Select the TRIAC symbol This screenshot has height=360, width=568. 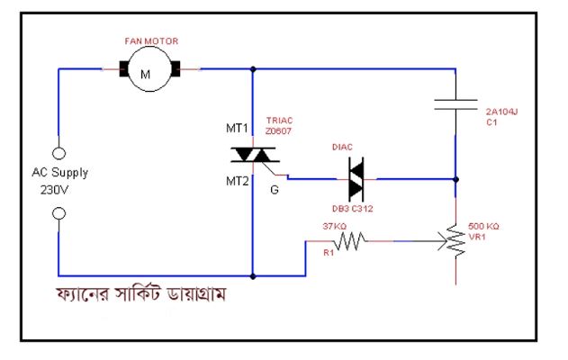253,154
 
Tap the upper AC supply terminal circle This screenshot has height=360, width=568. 59,153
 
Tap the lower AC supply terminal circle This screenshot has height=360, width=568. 59,213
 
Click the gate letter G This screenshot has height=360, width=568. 274,190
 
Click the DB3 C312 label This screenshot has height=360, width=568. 353,208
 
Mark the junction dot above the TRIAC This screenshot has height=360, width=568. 253,68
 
